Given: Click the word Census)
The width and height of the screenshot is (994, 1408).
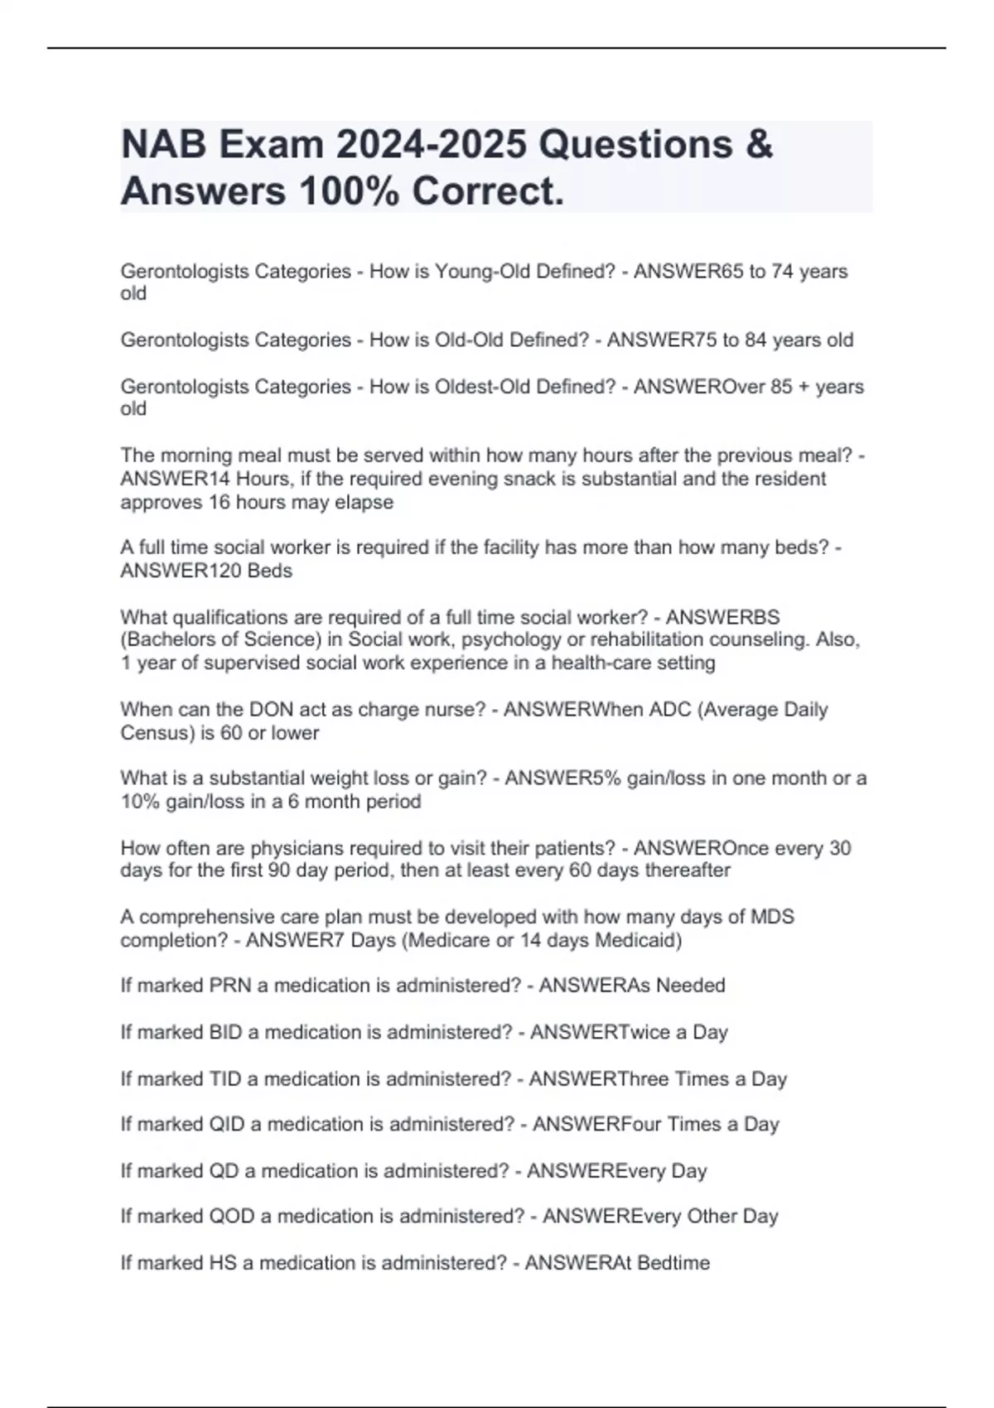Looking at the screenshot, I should [x=157, y=733].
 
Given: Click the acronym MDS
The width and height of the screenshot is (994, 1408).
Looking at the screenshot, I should [x=772, y=917].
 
